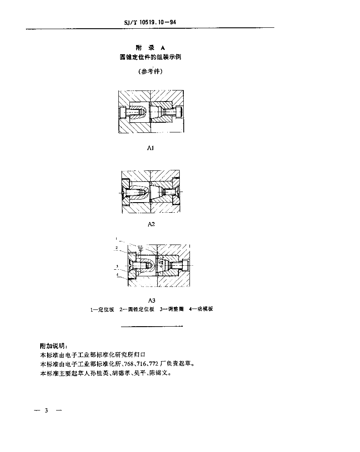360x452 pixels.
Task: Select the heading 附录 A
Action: point(150,48)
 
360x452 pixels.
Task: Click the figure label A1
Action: point(150,148)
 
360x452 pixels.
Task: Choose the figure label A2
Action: point(151,224)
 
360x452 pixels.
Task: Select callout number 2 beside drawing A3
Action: point(116,248)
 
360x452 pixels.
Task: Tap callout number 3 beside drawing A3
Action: point(116,267)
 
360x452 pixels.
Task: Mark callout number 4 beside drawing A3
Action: point(117,275)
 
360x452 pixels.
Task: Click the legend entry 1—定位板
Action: point(102,309)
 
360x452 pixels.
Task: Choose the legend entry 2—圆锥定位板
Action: point(137,309)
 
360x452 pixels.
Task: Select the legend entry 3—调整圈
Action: point(172,309)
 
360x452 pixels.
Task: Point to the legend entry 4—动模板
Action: point(201,309)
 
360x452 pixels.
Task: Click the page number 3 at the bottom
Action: point(46,411)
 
